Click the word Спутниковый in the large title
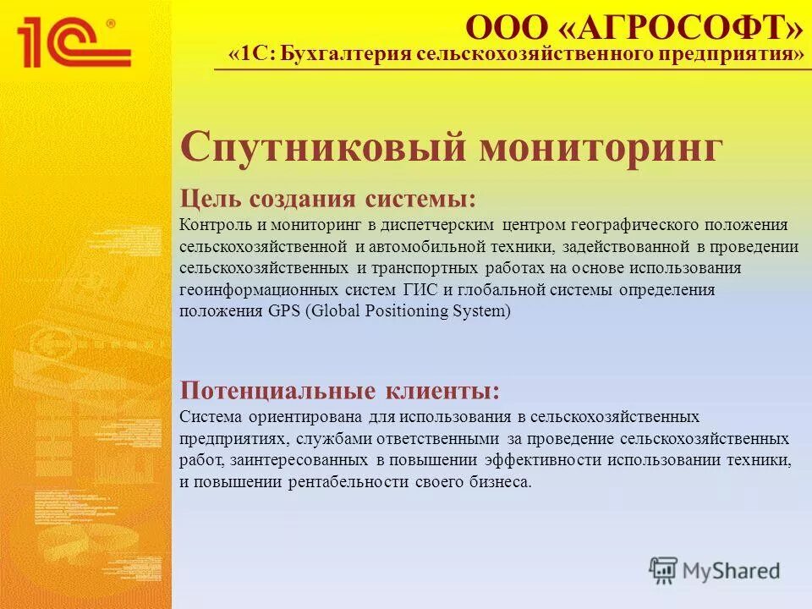(322, 148)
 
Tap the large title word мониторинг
(601, 148)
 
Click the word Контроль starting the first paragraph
(211, 225)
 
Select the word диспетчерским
(439, 225)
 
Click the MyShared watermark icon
(664, 570)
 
